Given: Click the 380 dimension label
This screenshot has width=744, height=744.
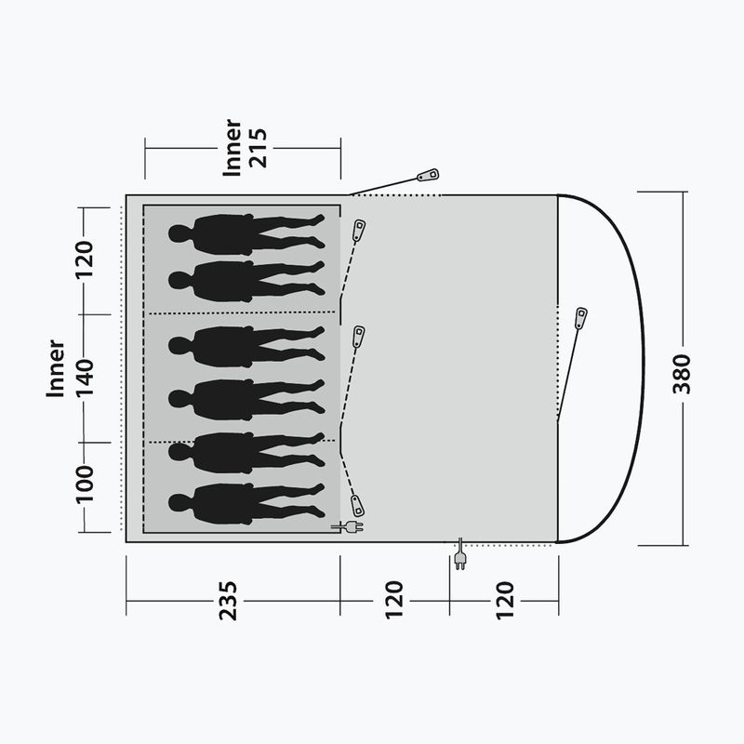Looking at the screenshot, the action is click(x=682, y=374).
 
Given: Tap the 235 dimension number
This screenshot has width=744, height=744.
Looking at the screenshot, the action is click(x=228, y=600).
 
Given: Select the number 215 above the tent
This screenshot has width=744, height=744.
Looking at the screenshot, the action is click(x=259, y=148).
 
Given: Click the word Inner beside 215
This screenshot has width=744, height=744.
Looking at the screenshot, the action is click(x=232, y=148).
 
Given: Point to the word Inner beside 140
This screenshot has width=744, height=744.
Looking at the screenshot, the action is click(x=56, y=368).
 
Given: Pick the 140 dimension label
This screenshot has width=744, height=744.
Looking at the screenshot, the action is click(x=85, y=378).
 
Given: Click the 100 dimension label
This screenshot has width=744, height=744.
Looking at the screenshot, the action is click(x=85, y=484).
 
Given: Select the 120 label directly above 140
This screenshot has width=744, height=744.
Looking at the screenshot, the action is click(x=85, y=260).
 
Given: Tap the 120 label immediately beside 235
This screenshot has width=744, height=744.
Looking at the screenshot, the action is click(x=394, y=600).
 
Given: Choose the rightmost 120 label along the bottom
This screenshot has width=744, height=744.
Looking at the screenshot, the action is click(x=505, y=600).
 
